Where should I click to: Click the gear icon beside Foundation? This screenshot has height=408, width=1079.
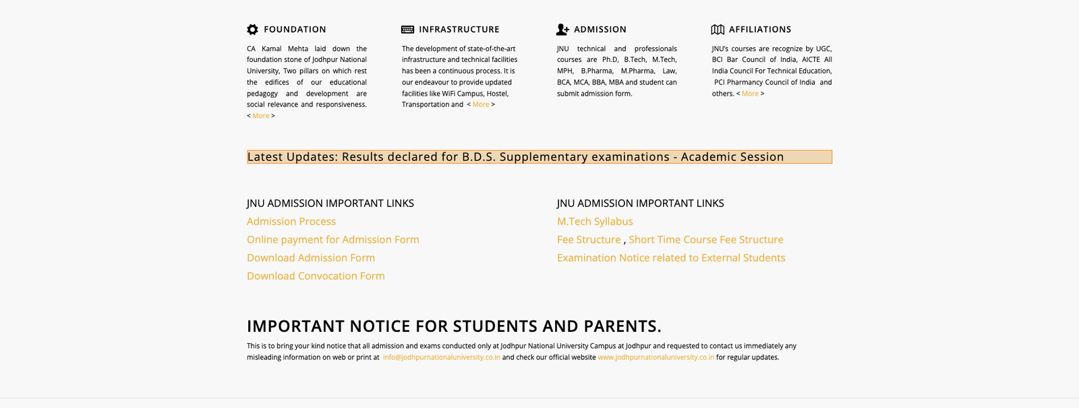(x=252, y=30)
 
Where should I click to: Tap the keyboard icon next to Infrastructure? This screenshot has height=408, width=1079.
(x=407, y=30)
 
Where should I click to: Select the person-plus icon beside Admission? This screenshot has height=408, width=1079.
(x=562, y=30)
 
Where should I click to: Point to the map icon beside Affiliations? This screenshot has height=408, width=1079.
(x=718, y=30)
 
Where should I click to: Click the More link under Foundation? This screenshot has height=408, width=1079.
(x=261, y=116)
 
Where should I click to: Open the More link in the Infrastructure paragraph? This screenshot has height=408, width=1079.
(x=481, y=105)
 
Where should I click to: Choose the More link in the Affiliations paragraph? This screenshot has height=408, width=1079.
(x=750, y=94)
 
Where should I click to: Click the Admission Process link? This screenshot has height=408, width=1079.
(x=291, y=221)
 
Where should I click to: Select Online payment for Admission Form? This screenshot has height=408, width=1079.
(x=333, y=239)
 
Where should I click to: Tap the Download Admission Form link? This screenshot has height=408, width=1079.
(x=311, y=258)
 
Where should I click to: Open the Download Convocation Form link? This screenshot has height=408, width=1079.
(x=316, y=276)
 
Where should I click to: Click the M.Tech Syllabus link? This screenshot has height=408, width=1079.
(x=595, y=221)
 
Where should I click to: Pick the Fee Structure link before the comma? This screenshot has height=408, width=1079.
(x=589, y=239)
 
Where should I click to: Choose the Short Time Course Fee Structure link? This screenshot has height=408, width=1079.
(x=706, y=239)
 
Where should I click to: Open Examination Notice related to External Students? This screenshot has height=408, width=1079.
(x=671, y=258)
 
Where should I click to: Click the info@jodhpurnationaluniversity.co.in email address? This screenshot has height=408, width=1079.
(x=442, y=357)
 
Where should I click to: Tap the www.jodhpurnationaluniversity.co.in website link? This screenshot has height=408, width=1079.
(x=655, y=357)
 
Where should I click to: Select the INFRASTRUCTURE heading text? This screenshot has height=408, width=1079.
(x=459, y=30)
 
